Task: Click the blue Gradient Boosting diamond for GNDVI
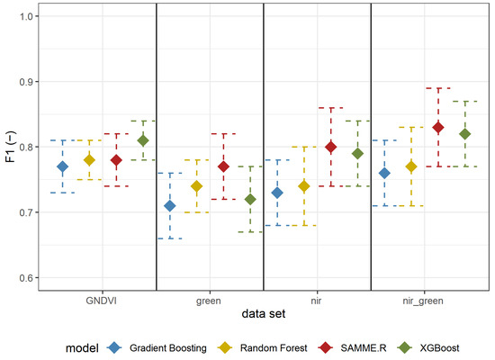62,166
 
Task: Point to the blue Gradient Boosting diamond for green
169,205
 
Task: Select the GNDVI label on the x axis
103,296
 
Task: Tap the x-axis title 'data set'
263,312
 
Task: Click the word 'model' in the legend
82,347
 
